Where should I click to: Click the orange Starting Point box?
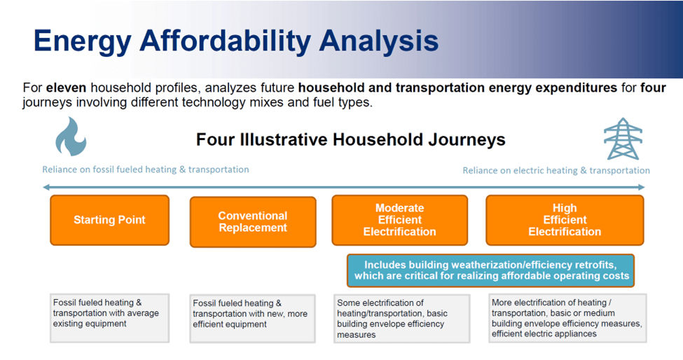pyautogui.click(x=109, y=220)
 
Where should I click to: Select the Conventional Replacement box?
pyautogui.click(x=253, y=222)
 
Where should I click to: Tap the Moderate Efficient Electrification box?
pyautogui.click(x=399, y=220)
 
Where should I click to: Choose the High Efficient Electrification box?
pyautogui.click(x=565, y=220)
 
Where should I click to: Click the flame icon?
pyautogui.click(x=71, y=137)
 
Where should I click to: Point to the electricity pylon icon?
pyautogui.click(x=623, y=139)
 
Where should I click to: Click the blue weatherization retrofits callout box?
pyautogui.click(x=490, y=270)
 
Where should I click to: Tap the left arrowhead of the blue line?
pyautogui.click(x=46, y=187)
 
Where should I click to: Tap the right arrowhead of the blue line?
pyautogui.click(x=642, y=187)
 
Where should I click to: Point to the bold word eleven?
pyautogui.click(x=67, y=88)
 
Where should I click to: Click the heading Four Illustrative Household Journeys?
pyautogui.click(x=351, y=140)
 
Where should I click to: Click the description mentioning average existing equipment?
pyautogui.click(x=109, y=318)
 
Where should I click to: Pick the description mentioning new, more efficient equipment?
pyautogui.click(x=253, y=319)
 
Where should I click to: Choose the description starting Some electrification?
pyautogui.click(x=401, y=318)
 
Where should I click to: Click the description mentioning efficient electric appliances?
pyautogui.click(x=567, y=318)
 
